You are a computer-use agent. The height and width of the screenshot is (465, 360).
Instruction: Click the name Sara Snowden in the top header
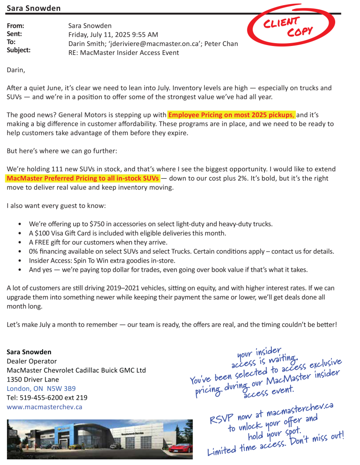(x=34, y=8)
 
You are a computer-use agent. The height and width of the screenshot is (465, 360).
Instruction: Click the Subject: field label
(x=18, y=50)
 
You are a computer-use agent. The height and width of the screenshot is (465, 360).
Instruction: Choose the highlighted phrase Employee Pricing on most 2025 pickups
(x=232, y=114)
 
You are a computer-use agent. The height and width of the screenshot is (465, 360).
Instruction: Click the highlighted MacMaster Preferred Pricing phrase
(x=83, y=178)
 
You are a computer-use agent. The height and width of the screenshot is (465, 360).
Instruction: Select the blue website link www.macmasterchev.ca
(x=44, y=407)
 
